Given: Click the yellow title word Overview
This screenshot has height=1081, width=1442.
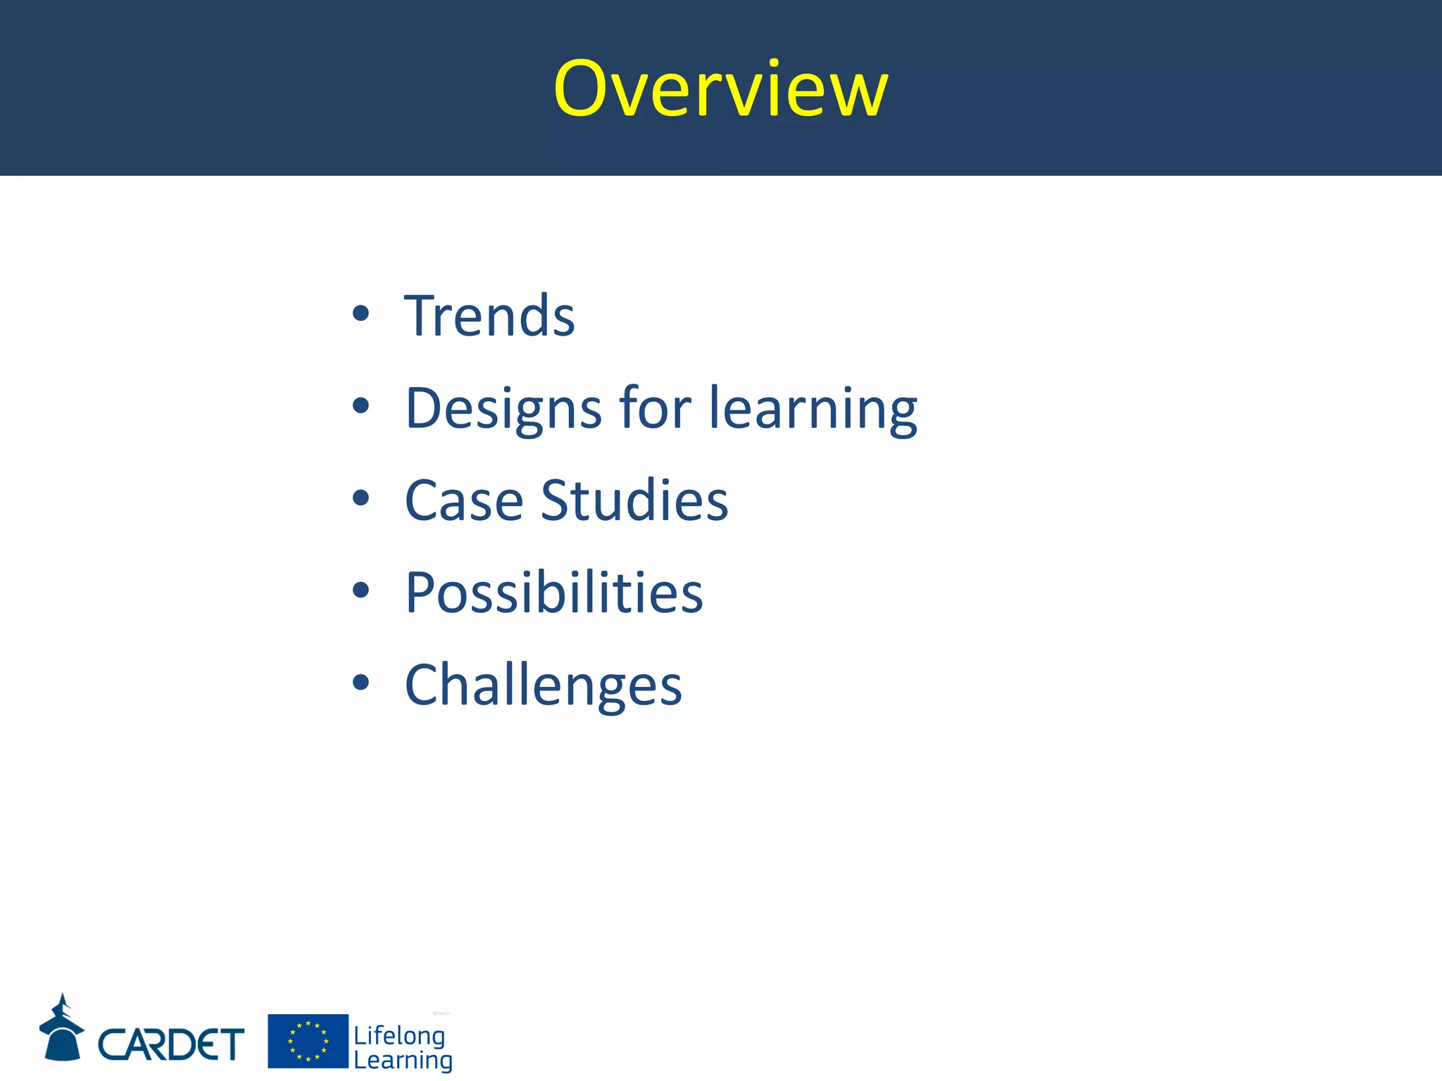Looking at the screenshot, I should click(x=720, y=89).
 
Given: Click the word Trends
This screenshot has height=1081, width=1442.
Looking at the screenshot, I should click(x=489, y=316).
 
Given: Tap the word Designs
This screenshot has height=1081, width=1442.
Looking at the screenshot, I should click(x=503, y=408).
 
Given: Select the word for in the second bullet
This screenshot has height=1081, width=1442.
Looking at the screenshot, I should click(x=655, y=408).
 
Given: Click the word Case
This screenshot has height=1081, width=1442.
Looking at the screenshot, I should click(x=464, y=500).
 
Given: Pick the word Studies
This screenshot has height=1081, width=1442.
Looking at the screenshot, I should click(x=634, y=500).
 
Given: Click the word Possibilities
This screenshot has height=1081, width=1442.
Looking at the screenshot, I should click(x=554, y=593).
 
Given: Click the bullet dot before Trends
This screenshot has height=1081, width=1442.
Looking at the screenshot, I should click(x=360, y=314).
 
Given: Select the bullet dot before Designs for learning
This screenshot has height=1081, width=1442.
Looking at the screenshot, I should click(x=360, y=406).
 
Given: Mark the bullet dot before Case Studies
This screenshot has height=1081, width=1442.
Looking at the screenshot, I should click(x=360, y=498).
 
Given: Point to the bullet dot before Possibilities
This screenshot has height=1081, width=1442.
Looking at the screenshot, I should click(x=360, y=590).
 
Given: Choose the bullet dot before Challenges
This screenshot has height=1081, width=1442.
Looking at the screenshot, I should click(x=360, y=683).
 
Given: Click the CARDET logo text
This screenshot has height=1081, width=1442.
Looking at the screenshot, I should click(x=171, y=1044).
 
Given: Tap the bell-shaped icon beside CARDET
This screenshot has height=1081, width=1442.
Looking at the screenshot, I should click(x=62, y=1029).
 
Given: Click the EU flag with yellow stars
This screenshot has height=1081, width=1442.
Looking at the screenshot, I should click(x=308, y=1041).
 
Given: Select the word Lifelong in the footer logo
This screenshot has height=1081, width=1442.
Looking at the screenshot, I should click(x=399, y=1035).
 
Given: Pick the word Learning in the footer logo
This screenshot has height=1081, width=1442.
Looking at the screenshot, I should click(x=403, y=1061).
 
